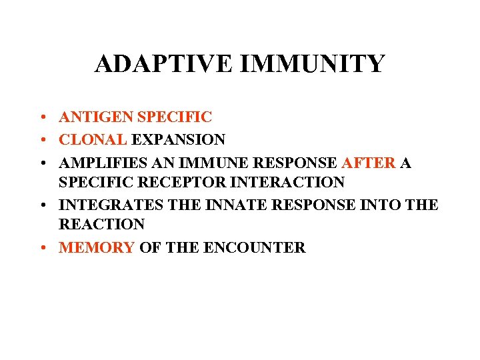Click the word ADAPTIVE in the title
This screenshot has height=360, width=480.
pos(163,64)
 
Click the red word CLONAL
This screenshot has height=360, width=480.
pos(93,140)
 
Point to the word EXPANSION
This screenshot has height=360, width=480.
pos(178,140)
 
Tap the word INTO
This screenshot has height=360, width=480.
pos(377,205)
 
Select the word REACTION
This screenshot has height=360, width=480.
pos(101,224)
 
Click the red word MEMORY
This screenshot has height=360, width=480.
pos(97,247)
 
